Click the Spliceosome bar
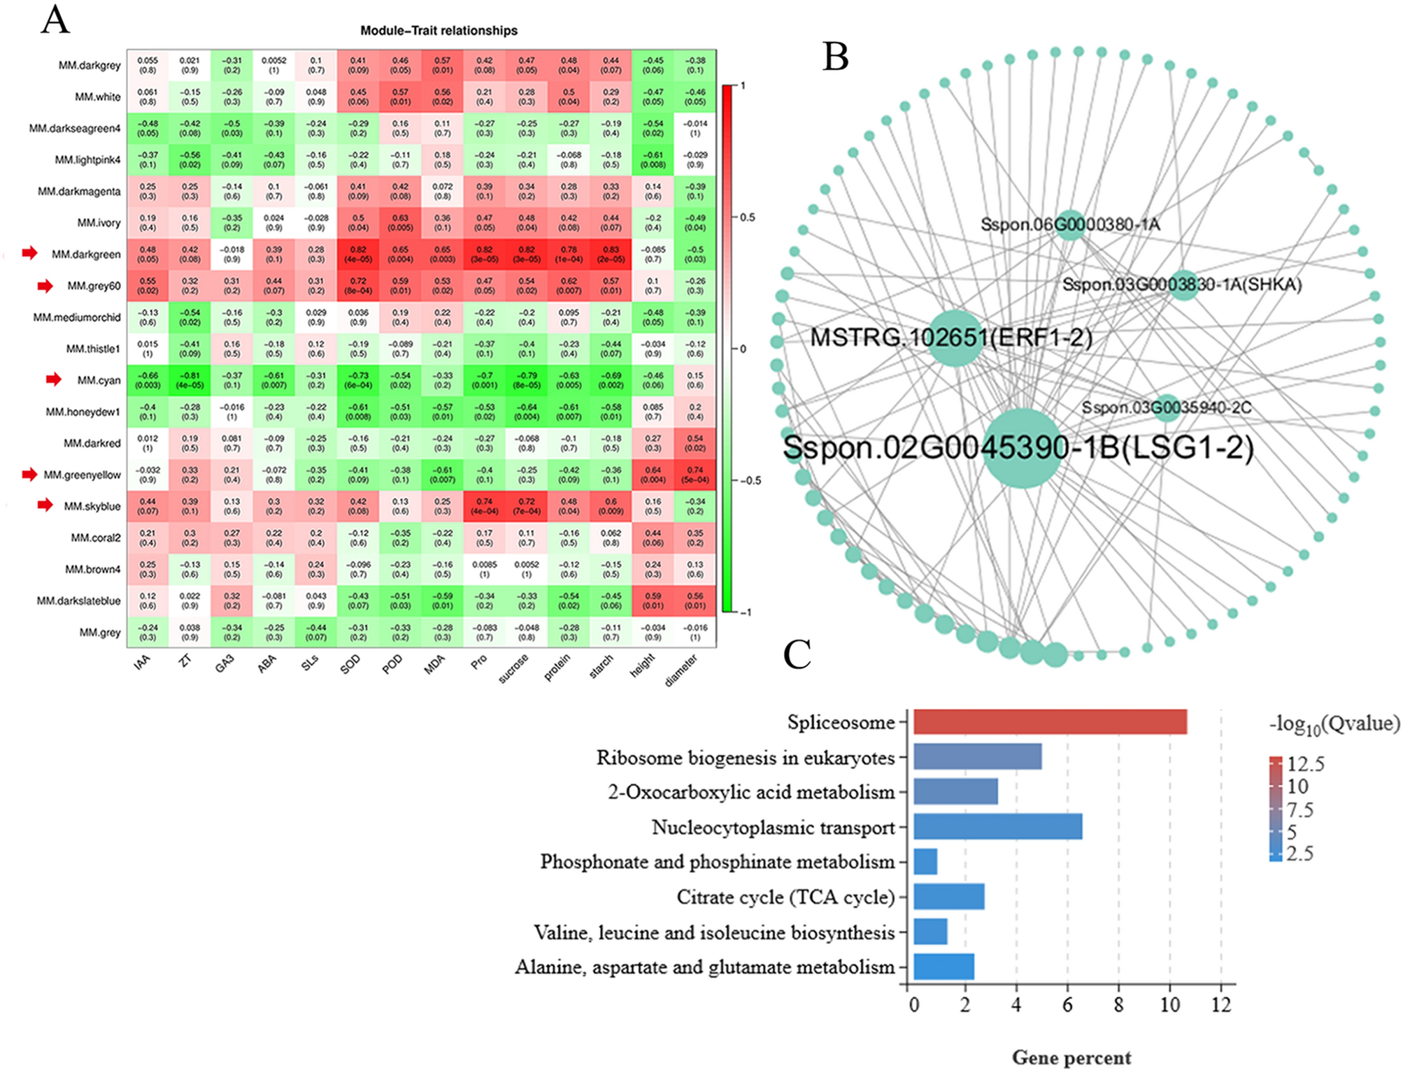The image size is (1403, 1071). pyautogui.click(x=1049, y=721)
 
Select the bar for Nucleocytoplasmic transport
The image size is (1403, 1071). pyautogui.click(x=997, y=826)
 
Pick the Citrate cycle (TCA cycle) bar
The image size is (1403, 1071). pyautogui.click(x=948, y=896)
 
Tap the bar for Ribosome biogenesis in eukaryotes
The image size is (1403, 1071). pyautogui.click(x=977, y=756)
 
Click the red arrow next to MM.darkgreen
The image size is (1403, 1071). pyautogui.click(x=29, y=253)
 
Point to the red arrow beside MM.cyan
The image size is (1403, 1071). pyautogui.click(x=54, y=379)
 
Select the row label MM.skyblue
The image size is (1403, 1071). pyautogui.click(x=92, y=506)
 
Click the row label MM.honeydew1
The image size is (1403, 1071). pyautogui.click(x=83, y=412)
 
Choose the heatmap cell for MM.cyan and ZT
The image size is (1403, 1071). pyautogui.click(x=190, y=380)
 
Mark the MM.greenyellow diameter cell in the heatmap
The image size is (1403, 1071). pyautogui.click(x=695, y=475)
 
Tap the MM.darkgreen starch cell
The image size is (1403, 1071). pyautogui.click(x=611, y=254)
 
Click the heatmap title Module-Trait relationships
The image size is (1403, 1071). pyautogui.click(x=439, y=31)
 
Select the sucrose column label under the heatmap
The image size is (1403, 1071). pyautogui.click(x=513, y=669)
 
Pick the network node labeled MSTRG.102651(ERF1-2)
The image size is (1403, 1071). pyautogui.click(x=955, y=338)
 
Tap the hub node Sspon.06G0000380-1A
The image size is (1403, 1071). pyautogui.click(x=1069, y=224)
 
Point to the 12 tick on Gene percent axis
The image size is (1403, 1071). pyautogui.click(x=1221, y=1005)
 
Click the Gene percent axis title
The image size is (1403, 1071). pyautogui.click(x=1071, y=1058)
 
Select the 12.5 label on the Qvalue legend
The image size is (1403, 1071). pyautogui.click(x=1305, y=763)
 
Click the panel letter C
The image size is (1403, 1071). pyautogui.click(x=797, y=655)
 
